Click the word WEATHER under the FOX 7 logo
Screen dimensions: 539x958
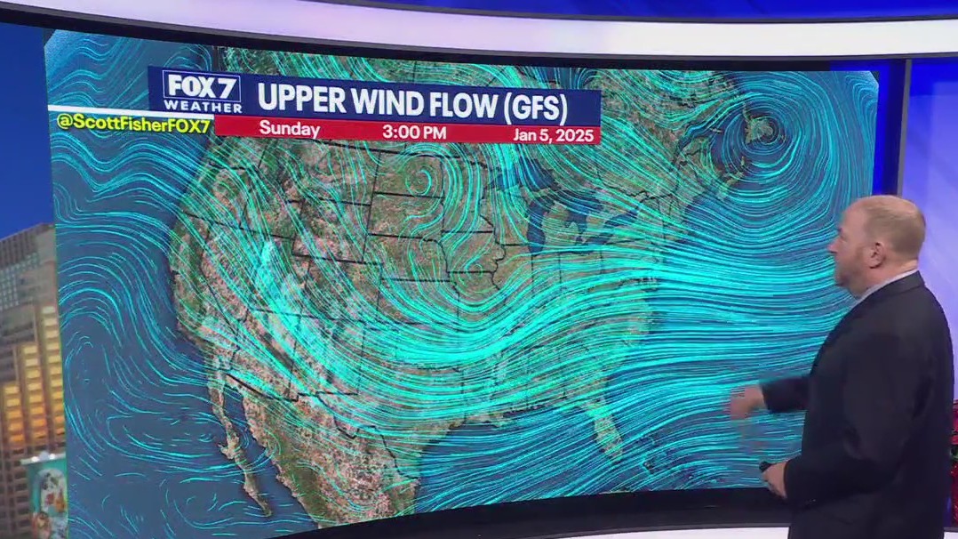[x=202, y=106]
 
